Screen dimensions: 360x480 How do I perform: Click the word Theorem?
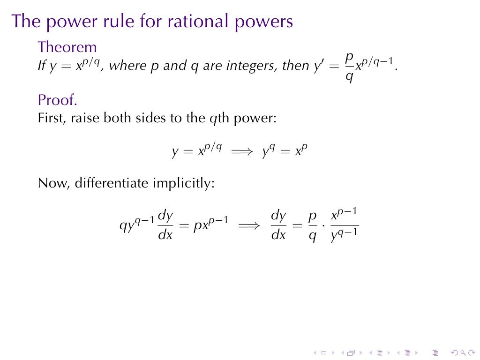(x=67, y=47)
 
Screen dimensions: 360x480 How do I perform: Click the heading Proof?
(x=57, y=100)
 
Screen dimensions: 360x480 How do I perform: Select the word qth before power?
(x=217, y=118)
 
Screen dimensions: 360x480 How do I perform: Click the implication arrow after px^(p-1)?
(x=249, y=226)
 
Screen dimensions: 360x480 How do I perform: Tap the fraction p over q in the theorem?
(x=349, y=66)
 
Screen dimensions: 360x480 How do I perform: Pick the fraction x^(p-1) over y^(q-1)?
(x=345, y=226)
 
